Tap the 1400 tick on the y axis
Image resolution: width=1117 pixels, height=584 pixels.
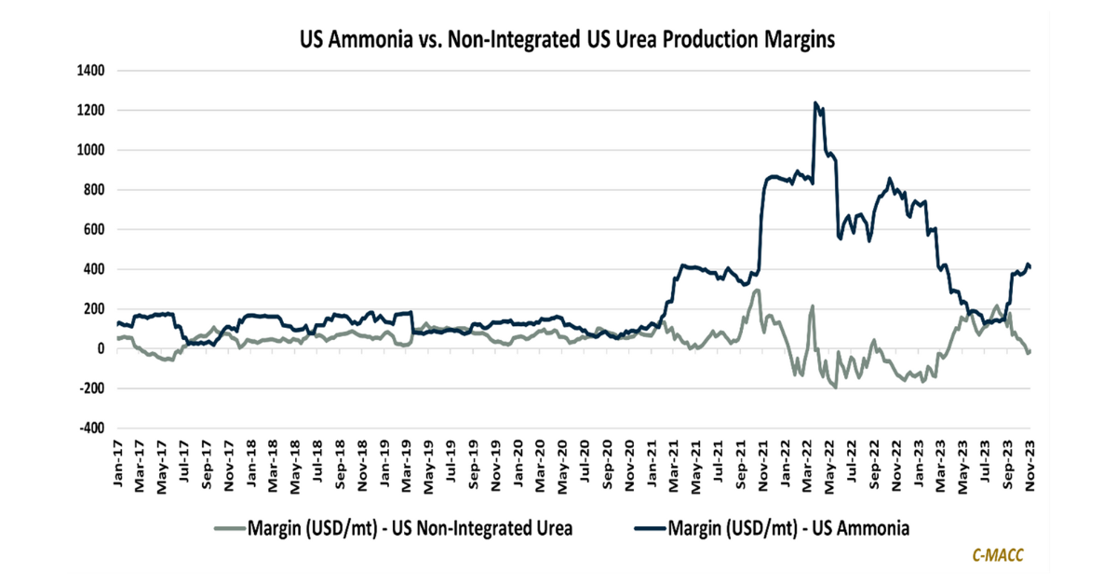click(x=91, y=71)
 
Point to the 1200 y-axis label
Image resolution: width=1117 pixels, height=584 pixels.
click(x=91, y=111)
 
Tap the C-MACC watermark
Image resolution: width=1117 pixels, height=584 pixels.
click(x=999, y=556)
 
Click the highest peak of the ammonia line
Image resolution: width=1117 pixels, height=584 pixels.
click(x=815, y=103)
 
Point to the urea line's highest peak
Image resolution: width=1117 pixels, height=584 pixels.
click(x=757, y=290)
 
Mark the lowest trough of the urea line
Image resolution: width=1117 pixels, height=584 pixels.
click(x=836, y=387)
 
